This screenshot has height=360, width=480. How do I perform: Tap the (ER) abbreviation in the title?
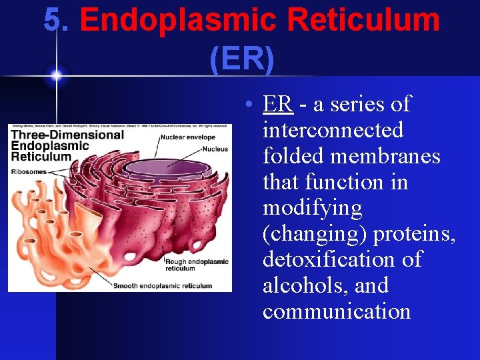coord(241,59)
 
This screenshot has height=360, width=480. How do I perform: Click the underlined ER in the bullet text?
coord(277,105)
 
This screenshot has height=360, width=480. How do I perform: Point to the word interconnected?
coord(333,129)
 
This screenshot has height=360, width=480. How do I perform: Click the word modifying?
coord(312,208)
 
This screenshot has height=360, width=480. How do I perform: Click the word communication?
coord(336,311)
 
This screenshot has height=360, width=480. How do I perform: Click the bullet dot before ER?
coord(247,105)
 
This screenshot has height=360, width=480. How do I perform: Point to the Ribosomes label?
coord(27,171)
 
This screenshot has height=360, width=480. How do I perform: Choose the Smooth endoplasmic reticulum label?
coord(163,285)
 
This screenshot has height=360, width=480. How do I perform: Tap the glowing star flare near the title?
coord(56,75)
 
